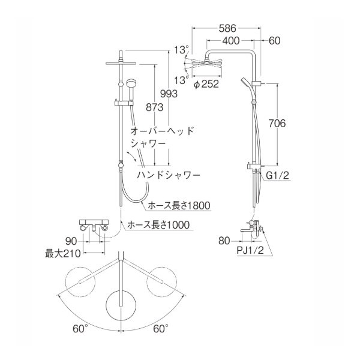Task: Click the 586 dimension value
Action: click(x=226, y=28)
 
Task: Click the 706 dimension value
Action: click(x=289, y=123)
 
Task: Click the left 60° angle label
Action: click(x=80, y=328)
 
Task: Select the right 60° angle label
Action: click(x=160, y=328)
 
